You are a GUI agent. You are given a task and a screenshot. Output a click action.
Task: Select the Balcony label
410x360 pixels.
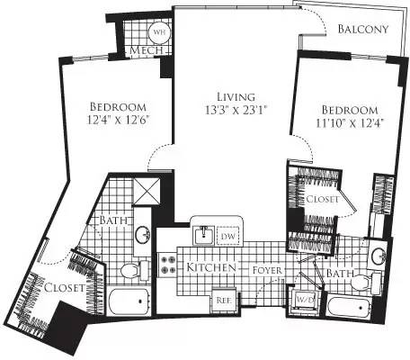tap(363, 29)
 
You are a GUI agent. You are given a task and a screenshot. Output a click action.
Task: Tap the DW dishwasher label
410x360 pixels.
tap(229, 236)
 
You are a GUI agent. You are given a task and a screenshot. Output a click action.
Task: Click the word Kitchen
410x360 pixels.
tap(211, 268)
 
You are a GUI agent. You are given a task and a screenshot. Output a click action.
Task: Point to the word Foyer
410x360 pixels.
tap(269, 268)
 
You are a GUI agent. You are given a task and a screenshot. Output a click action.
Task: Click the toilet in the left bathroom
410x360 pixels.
tap(129, 269)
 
